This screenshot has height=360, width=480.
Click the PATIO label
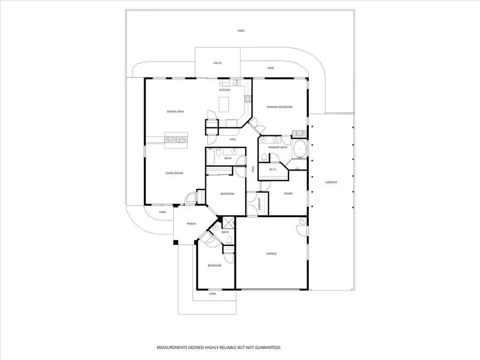[218, 63]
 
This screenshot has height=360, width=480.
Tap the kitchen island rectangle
[224, 105]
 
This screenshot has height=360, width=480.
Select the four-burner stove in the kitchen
[247, 99]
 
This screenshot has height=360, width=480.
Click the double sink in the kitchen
[237, 82]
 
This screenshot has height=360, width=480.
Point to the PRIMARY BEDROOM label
[279, 107]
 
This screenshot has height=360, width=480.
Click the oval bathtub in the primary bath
[299, 149]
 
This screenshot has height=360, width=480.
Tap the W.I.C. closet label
[273, 169]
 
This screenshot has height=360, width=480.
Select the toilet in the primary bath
[264, 158]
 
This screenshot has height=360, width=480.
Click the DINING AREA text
[175, 112]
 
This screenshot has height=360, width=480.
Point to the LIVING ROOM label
[174, 173]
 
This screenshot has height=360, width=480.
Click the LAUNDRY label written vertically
[259, 204]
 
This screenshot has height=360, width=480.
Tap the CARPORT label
[331, 182]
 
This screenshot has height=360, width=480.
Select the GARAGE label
[271, 254]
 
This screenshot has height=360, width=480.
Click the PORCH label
[191, 224]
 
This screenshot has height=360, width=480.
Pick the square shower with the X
[228, 222]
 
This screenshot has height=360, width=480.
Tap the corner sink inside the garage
[303, 221]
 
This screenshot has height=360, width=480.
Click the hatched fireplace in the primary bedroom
[299, 133]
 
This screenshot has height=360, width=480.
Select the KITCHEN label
[225, 90]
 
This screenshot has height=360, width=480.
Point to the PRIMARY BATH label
[278, 148]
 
